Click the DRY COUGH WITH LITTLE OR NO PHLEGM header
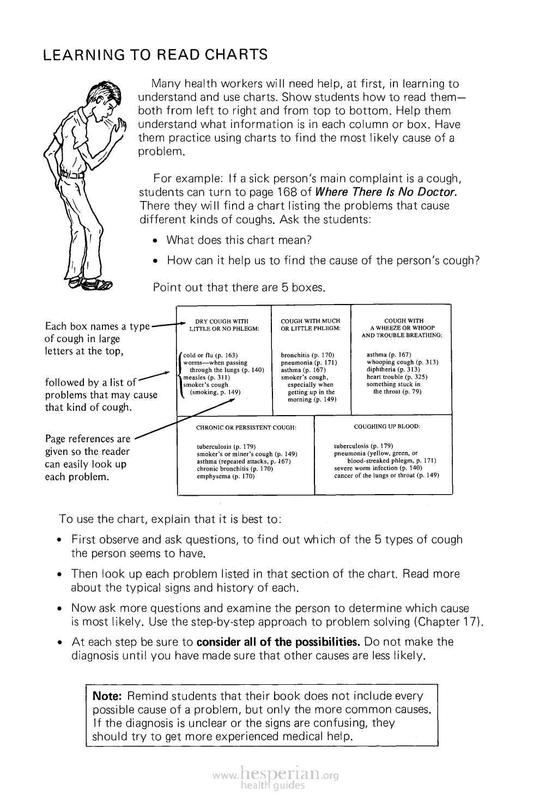click(x=221, y=325)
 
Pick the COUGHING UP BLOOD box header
click(x=387, y=426)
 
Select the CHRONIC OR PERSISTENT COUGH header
click(x=246, y=427)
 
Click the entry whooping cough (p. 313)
click(x=402, y=362)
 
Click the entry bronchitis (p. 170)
click(x=307, y=355)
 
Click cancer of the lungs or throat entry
click(x=386, y=475)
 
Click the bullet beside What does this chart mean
click(x=156, y=241)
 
